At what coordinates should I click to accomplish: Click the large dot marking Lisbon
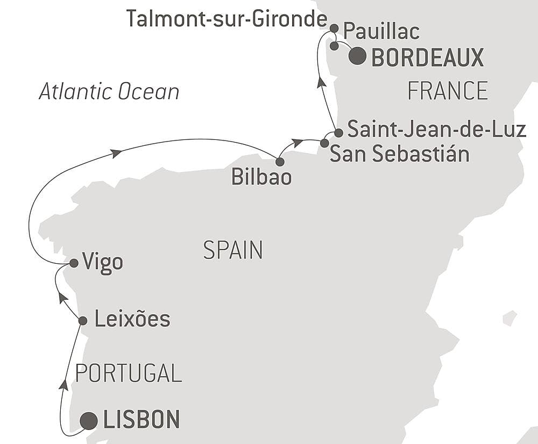pyautogui.click(x=89, y=420)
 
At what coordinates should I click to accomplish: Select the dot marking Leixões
pyautogui.click(x=83, y=321)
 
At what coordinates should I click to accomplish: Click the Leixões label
pyautogui.click(x=132, y=320)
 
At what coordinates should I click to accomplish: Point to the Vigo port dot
pyautogui.click(x=74, y=263)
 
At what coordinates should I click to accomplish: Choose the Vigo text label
pyautogui.click(x=103, y=263)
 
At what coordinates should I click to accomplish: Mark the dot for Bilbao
pyautogui.click(x=280, y=161)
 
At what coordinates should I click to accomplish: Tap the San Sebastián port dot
pyautogui.click(x=324, y=143)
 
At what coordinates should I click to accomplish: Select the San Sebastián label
pyautogui.click(x=399, y=154)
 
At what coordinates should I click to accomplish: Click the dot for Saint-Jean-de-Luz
pyautogui.click(x=338, y=132)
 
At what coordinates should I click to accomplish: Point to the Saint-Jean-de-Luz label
pyautogui.click(x=436, y=130)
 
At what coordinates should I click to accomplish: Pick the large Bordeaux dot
pyautogui.click(x=358, y=56)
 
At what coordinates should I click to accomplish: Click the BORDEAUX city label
pyautogui.click(x=428, y=58)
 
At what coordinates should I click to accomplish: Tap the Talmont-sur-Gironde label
pyautogui.click(x=226, y=20)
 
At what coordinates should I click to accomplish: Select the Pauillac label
pyautogui.click(x=381, y=32)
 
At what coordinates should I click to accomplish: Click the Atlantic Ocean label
pyautogui.click(x=109, y=91)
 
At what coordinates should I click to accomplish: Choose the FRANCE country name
pyautogui.click(x=448, y=91)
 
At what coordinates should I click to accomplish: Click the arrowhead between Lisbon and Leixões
pyautogui.click(x=64, y=384)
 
